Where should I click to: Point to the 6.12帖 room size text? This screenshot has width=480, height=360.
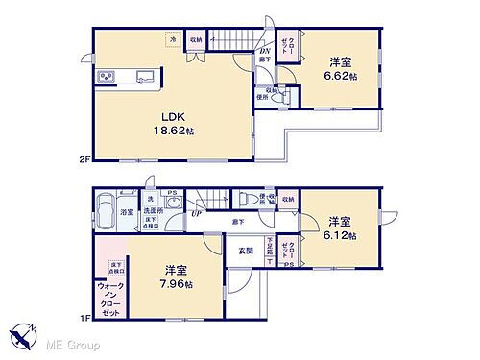(x=340, y=235)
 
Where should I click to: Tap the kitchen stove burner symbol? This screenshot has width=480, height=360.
(x=106, y=76)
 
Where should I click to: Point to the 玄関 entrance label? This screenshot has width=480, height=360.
(x=246, y=252)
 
